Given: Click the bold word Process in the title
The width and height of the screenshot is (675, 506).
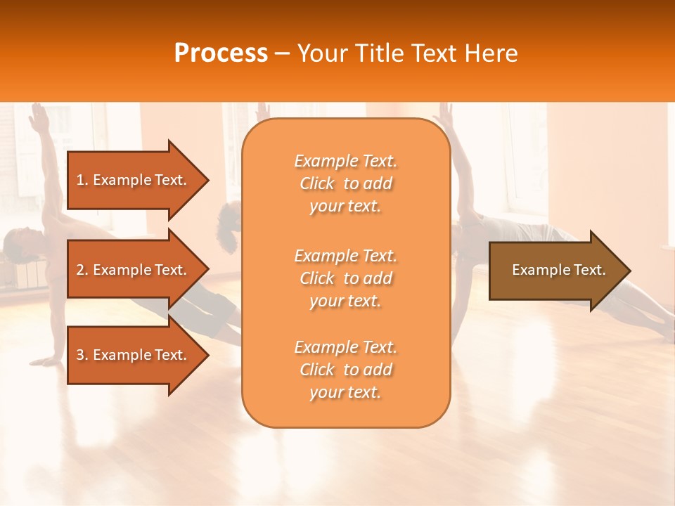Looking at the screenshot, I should point(221,53).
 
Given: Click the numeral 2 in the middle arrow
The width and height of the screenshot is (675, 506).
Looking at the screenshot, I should point(81,270).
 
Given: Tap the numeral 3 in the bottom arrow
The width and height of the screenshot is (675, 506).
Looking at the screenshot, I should point(81,355).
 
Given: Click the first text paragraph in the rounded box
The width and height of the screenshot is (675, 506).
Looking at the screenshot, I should point(345,183).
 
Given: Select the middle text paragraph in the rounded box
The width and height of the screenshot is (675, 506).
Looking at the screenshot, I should point(345,278).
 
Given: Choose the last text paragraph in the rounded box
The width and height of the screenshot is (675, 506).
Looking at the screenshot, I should point(345,370).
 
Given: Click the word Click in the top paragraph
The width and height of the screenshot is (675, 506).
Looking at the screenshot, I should point(317,183).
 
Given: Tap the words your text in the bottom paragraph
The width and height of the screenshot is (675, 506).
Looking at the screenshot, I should point(345,393).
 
